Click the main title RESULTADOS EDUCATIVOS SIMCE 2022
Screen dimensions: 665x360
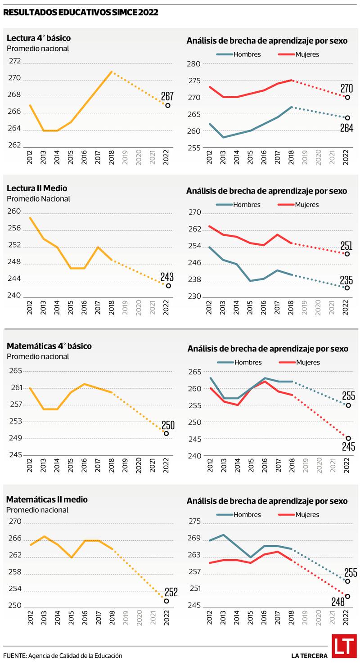pyautogui.click(x=81, y=13)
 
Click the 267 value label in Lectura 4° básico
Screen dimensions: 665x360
pyautogui.click(x=167, y=96)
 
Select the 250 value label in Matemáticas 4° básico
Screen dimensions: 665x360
pyautogui.click(x=168, y=425)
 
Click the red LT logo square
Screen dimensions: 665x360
pyautogui.click(x=344, y=646)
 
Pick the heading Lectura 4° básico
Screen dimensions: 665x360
pyautogui.click(x=39, y=38)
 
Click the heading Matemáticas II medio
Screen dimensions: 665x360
pyautogui.click(x=47, y=499)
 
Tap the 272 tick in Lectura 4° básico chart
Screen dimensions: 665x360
pyautogui.click(x=15, y=61)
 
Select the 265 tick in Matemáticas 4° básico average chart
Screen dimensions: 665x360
pyautogui.click(x=15, y=371)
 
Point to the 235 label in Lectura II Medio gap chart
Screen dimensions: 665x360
pyautogui.click(x=346, y=280)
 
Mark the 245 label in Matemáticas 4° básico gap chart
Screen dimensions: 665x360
pyautogui.click(x=348, y=446)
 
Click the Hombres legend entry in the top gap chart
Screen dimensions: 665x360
pyautogui.click(x=239, y=54)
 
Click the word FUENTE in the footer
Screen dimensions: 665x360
pyautogui.click(x=14, y=656)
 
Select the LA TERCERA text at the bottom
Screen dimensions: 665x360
pyautogui.click(x=309, y=656)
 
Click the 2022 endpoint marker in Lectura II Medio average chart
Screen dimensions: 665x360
pyautogui.click(x=168, y=286)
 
